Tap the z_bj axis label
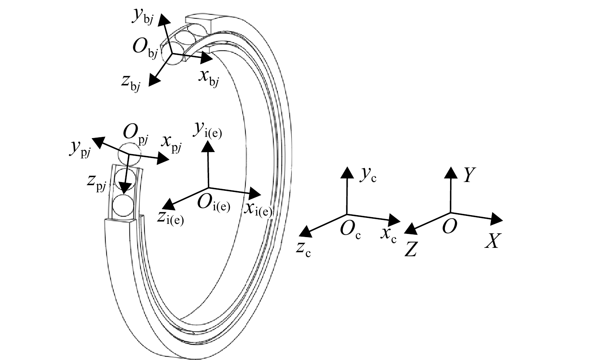click(131, 83)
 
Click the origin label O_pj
click(136, 135)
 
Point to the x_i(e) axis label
click(258, 210)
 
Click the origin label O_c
click(350, 230)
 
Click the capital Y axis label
click(469, 175)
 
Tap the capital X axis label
click(492, 241)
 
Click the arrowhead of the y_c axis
click(347, 172)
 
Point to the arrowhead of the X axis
click(497, 219)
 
